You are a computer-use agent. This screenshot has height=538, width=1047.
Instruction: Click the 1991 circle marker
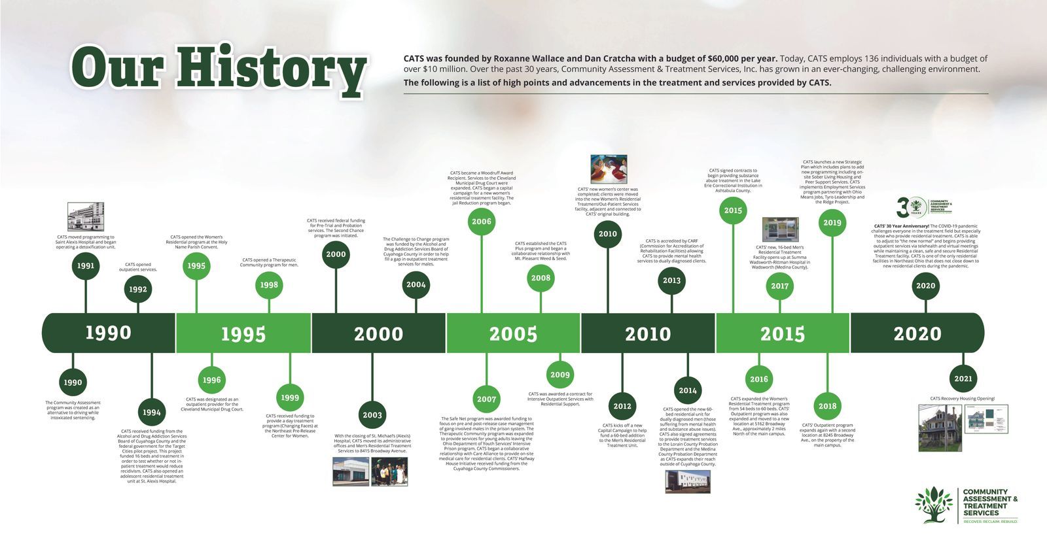85,266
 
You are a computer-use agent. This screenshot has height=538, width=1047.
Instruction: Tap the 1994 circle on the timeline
151,412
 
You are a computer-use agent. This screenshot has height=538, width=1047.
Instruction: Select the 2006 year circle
482,222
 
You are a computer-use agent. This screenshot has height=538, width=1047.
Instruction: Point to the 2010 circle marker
608,233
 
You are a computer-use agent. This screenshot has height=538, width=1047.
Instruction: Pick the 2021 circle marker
963,378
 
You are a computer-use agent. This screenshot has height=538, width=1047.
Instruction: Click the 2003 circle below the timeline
372,415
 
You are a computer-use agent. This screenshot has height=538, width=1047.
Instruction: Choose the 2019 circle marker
832,223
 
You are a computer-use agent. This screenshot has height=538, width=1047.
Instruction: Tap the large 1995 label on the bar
243,333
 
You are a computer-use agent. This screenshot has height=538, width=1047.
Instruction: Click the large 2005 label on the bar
513,333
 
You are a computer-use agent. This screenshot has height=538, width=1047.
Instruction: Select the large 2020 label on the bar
917,333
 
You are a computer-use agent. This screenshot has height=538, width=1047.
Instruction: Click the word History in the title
270,69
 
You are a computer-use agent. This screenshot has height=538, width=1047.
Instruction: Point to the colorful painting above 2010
609,169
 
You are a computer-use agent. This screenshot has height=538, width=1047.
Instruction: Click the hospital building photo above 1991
86,216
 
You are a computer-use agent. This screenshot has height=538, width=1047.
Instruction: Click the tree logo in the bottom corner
934,505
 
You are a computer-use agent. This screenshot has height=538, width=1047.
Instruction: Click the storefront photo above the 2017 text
780,230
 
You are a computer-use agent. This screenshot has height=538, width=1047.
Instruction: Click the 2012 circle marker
622,406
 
